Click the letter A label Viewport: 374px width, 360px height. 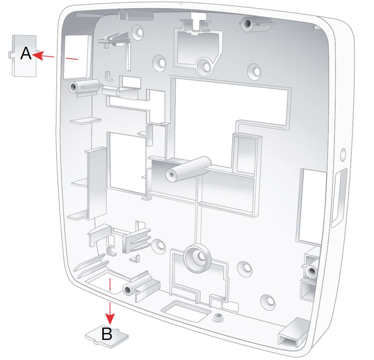(x=26, y=54)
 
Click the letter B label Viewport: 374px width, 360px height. (x=107, y=334)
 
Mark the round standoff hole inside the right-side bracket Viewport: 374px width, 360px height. (x=312, y=272)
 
